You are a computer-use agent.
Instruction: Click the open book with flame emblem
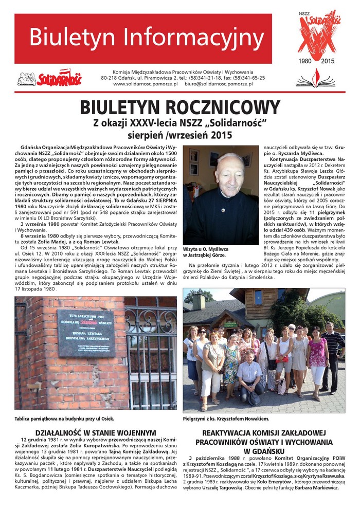[315, 79]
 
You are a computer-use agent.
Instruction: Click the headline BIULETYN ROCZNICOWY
[179, 107]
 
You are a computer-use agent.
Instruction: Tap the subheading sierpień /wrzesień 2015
[179, 135]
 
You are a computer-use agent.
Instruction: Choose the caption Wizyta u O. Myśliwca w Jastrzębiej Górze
[213, 252]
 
